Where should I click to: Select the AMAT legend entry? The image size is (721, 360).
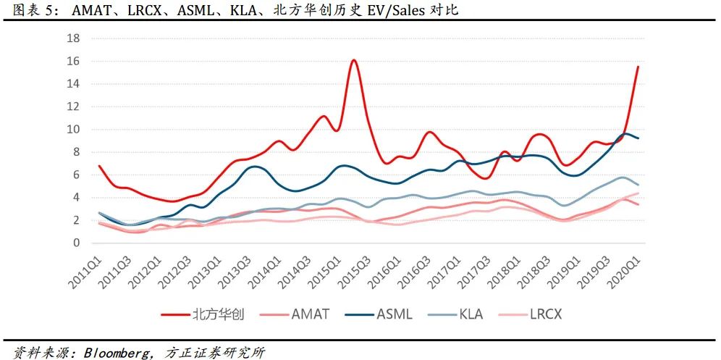pos(310,314)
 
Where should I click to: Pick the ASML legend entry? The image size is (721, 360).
pos(394,314)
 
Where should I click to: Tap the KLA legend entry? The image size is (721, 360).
pos(470,314)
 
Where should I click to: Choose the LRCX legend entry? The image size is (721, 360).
pos(546,314)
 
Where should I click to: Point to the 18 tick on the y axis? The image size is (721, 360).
pos(73,38)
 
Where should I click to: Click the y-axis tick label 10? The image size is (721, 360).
pos(73,129)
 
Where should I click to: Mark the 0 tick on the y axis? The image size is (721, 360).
pos(76,243)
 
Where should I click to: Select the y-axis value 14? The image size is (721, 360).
pos(73,83)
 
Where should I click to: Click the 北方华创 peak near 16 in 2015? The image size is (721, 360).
pos(354,60)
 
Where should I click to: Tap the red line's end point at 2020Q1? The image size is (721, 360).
pos(638,67)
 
